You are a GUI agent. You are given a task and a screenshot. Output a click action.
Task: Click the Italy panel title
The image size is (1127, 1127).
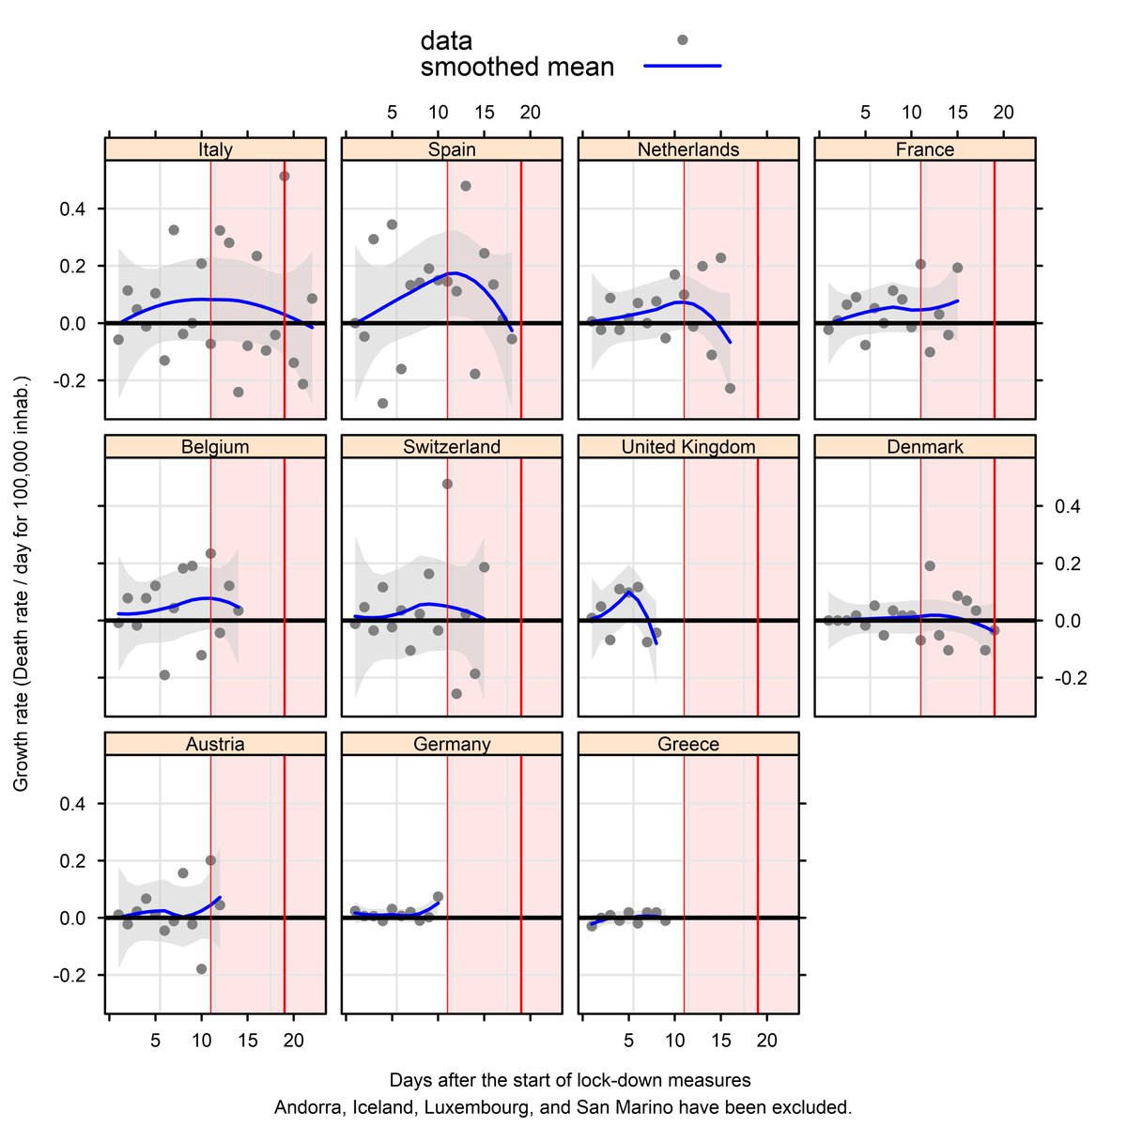click(x=215, y=149)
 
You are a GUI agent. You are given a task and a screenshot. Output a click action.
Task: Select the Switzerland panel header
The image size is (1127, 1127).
click(x=452, y=447)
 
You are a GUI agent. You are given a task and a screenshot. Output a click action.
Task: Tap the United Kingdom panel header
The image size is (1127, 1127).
click(x=688, y=447)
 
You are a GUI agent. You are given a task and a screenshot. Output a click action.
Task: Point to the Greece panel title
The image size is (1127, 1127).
click(x=688, y=744)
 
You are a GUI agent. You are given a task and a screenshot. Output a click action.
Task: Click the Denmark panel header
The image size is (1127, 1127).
click(x=925, y=447)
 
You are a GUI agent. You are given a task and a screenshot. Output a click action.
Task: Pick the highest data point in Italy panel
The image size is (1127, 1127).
click(x=285, y=176)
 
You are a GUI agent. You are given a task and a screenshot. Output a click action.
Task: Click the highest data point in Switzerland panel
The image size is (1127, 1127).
click(x=447, y=484)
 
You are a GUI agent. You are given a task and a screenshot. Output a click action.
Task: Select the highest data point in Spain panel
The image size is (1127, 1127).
click(x=466, y=186)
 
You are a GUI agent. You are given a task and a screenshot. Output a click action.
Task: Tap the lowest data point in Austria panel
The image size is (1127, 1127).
click(x=201, y=968)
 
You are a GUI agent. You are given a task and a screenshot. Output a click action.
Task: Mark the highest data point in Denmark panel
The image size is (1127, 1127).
click(x=930, y=565)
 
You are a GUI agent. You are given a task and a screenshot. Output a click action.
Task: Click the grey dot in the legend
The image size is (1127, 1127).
click(x=683, y=39)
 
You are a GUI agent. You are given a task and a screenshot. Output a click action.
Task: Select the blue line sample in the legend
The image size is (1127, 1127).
click(x=683, y=67)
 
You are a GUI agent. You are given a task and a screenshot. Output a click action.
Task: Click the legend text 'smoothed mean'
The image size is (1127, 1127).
click(x=517, y=68)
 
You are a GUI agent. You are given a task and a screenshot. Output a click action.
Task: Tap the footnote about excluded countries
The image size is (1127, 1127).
click(x=563, y=1106)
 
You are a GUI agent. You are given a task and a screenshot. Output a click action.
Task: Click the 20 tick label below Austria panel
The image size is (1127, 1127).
click(x=293, y=1041)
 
